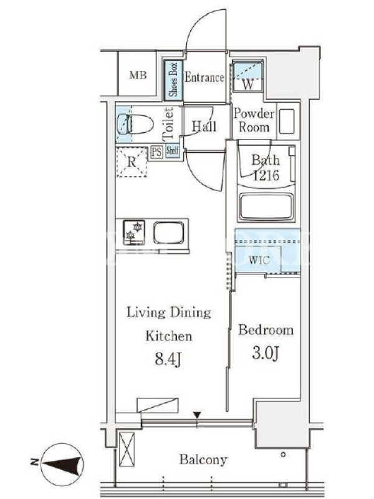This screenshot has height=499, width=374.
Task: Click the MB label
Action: tap(138, 75)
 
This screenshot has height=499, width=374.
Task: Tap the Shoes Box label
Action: tap(173, 79)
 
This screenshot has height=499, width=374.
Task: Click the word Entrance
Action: tap(204, 77)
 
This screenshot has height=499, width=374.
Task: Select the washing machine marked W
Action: tap(247, 75)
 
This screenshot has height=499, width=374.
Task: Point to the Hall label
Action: tap(204, 127)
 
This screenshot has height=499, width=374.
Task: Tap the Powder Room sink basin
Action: tap(287, 121)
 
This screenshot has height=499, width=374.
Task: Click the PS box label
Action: tap(156, 152)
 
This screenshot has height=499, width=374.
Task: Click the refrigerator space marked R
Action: tap(132, 162)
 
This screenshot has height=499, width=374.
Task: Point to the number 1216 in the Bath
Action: tap(266, 175)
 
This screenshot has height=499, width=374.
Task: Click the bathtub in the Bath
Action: tap(267, 206)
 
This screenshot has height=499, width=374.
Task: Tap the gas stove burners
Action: tap(134, 231)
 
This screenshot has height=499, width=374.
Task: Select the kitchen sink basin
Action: tap(168, 233)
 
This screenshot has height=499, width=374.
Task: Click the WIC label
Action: tap(259, 260)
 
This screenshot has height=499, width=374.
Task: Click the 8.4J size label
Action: tap(168, 360)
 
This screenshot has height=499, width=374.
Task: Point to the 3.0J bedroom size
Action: tap(266, 353)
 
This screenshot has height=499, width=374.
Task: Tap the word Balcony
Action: tap(203, 459)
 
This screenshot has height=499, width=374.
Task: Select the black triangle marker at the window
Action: tap(197, 415)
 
